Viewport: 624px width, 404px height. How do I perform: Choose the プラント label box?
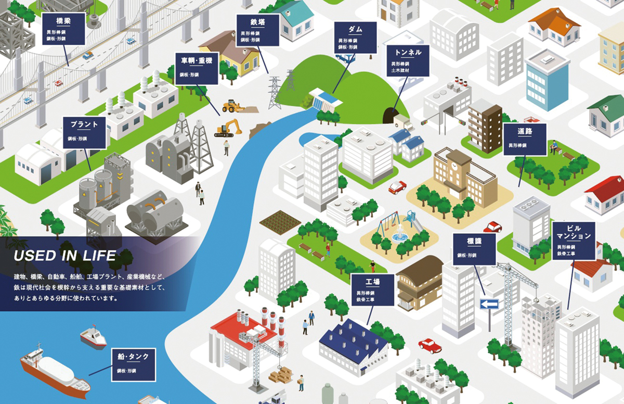84,132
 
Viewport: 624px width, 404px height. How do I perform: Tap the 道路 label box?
525,139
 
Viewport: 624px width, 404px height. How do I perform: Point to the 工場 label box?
371,289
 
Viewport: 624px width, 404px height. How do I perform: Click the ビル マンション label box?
574,241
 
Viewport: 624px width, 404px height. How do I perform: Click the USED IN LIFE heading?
65,256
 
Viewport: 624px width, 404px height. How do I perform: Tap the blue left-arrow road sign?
489,304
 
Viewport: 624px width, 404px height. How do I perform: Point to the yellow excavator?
229,128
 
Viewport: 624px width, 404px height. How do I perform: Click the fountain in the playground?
400,236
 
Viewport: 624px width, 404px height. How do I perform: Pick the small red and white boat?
93,337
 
